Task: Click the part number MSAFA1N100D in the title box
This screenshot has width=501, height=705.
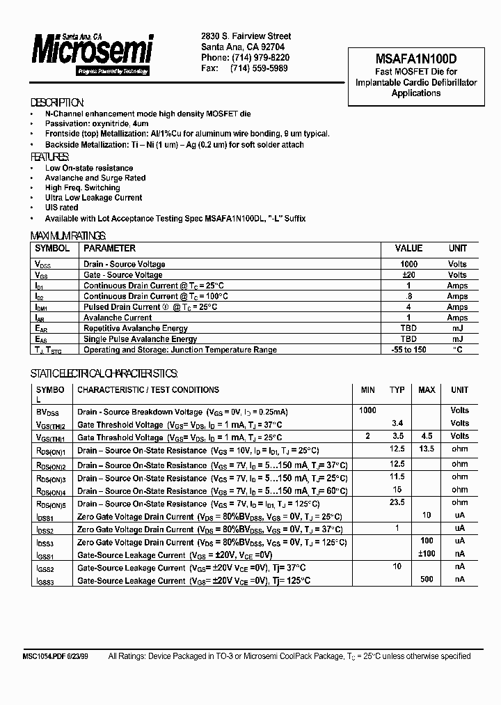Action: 416,60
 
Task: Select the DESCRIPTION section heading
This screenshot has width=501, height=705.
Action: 58,102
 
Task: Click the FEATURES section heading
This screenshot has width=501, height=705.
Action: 52,157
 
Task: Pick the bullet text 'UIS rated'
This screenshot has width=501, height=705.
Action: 61,208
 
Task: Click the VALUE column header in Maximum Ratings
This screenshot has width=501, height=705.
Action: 408,248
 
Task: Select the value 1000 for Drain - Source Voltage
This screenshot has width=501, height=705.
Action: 408,265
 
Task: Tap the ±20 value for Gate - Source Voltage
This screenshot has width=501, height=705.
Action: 408,275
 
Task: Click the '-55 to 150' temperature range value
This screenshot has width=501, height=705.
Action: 408,350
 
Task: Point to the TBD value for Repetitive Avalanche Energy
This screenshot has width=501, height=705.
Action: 408,328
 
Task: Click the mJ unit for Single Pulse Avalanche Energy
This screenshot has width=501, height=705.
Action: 457,339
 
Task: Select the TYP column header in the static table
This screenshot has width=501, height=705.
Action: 397,390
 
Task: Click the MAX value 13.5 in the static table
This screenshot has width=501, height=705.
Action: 427,449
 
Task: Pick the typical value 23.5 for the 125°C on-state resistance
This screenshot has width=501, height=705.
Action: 397,502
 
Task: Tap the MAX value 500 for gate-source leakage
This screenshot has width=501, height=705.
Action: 427,579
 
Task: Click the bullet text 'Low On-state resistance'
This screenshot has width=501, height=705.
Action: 89,168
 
